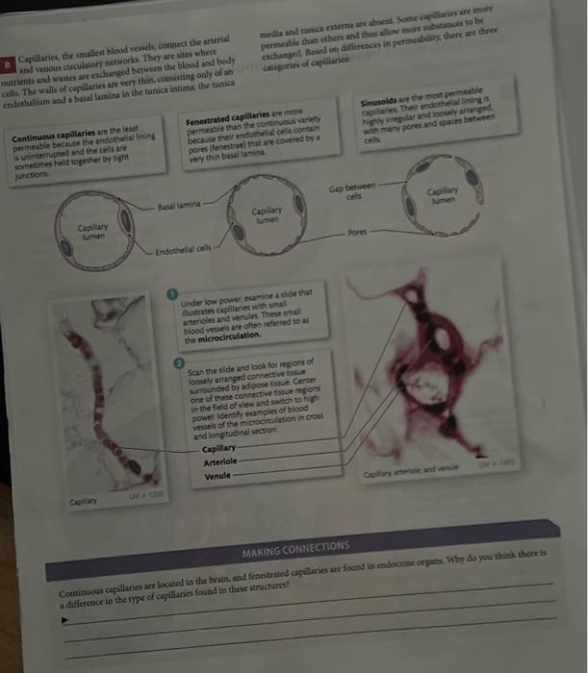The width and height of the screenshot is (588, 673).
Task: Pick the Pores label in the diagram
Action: (357, 232)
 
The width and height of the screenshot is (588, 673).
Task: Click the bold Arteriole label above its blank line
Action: (222, 461)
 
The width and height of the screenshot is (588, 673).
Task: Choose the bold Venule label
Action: (218, 476)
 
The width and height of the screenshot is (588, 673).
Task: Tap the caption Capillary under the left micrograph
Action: (82, 502)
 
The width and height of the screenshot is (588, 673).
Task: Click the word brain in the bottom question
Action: (226, 577)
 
